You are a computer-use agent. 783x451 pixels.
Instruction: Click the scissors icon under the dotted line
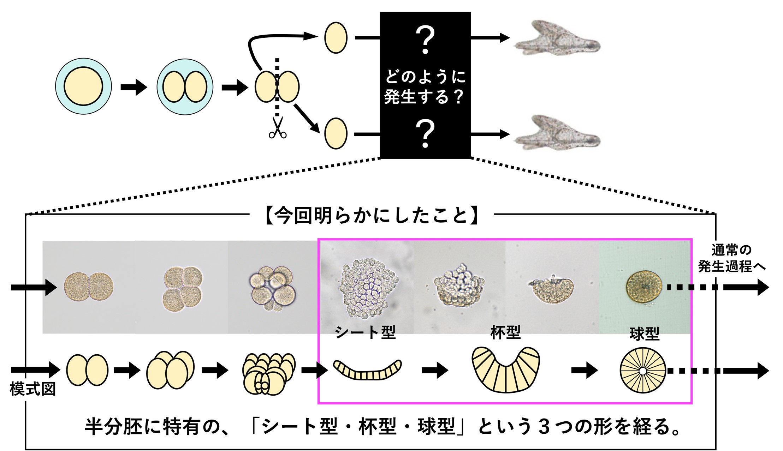pos(278,128)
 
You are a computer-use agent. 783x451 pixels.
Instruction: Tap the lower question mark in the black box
pos(425,134)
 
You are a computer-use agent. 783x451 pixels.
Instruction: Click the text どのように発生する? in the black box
pos(425,86)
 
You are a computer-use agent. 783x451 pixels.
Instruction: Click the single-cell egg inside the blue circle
pos(83,86)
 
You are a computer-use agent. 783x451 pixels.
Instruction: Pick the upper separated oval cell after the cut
pos(336,38)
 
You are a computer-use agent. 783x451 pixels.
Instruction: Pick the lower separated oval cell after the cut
pos(336,133)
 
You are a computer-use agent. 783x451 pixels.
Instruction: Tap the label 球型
pos(644,334)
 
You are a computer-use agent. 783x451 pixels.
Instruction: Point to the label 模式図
pos(32,389)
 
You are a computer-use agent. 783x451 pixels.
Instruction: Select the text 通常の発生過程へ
pos(731,258)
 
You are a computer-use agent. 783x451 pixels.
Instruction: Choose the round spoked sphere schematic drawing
pos(643,371)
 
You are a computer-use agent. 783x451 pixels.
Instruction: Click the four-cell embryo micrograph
pos(183,288)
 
